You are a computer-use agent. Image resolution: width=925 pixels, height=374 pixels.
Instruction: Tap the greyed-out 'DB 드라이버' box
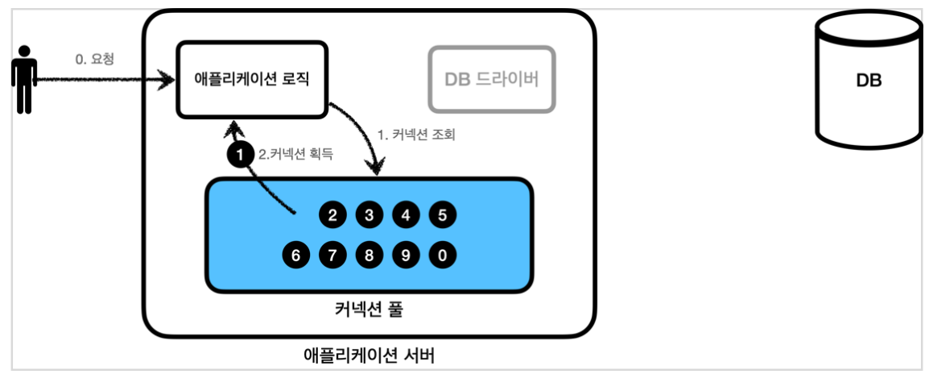pos(492,79)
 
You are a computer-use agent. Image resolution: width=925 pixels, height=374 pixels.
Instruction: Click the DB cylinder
pos(868,81)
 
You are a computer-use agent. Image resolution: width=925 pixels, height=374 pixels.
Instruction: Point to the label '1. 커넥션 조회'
pos(416,135)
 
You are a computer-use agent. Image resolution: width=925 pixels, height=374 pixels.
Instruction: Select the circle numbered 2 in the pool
pos(332,215)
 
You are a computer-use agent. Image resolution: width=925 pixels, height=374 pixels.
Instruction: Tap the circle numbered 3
pos(369,215)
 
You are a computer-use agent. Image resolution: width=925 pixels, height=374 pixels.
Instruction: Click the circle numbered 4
pos(406,215)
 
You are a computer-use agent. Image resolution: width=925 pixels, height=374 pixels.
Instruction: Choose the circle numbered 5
pos(443,215)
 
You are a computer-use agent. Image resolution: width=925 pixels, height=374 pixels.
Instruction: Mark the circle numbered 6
pos(296,256)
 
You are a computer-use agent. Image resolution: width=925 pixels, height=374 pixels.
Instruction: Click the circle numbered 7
pos(332,256)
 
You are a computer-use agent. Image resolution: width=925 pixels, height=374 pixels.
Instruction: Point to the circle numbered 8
pos(369,256)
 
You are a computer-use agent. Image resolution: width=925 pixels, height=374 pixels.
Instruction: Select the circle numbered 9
pos(406,256)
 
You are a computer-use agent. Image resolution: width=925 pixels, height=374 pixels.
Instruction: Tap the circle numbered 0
pos(443,256)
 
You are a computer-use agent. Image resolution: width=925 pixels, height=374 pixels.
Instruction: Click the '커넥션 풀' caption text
pos(370,310)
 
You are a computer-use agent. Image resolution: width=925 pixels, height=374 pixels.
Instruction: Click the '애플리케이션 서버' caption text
pos(370,355)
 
